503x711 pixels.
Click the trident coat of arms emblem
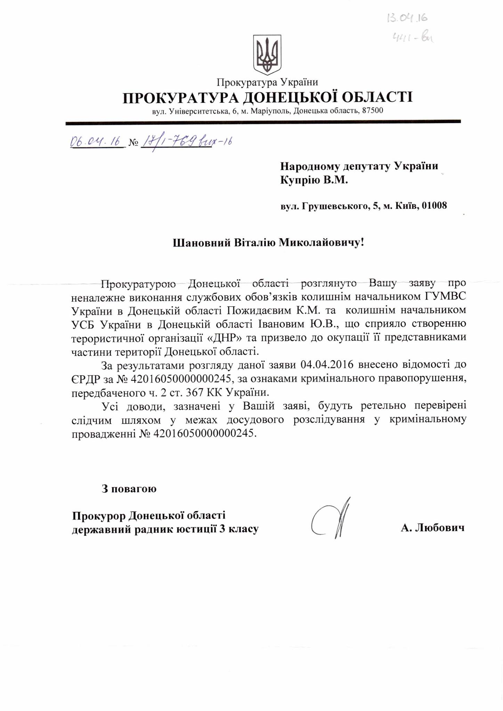[267, 54]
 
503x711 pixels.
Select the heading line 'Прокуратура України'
[267, 82]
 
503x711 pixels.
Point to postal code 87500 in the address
[373, 111]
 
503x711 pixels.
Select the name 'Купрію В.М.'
[314, 180]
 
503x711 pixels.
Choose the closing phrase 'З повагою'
[129, 489]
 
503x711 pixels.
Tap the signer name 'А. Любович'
[432, 528]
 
